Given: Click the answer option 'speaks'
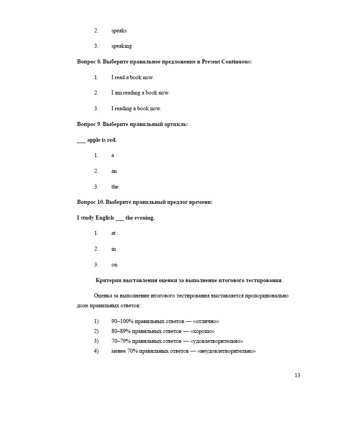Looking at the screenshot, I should (119, 31).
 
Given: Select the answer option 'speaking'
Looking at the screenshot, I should (121, 46).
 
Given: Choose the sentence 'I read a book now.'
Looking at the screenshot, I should (132, 77).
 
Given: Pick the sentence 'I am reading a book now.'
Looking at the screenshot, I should (140, 93).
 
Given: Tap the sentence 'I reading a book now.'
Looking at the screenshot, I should (136, 108).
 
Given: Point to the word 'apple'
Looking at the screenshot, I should (94, 140).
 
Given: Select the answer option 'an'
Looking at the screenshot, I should (114, 171).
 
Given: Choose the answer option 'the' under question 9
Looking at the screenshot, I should (115, 187).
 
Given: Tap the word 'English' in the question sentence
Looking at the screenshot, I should (105, 218).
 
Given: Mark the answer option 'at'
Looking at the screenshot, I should (113, 233).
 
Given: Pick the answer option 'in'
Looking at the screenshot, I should (113, 249).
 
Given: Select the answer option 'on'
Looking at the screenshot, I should (114, 265).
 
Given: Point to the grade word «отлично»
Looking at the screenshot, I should (206, 322).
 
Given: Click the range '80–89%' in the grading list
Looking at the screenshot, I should (121, 332).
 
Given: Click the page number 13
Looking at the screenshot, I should (297, 375).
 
